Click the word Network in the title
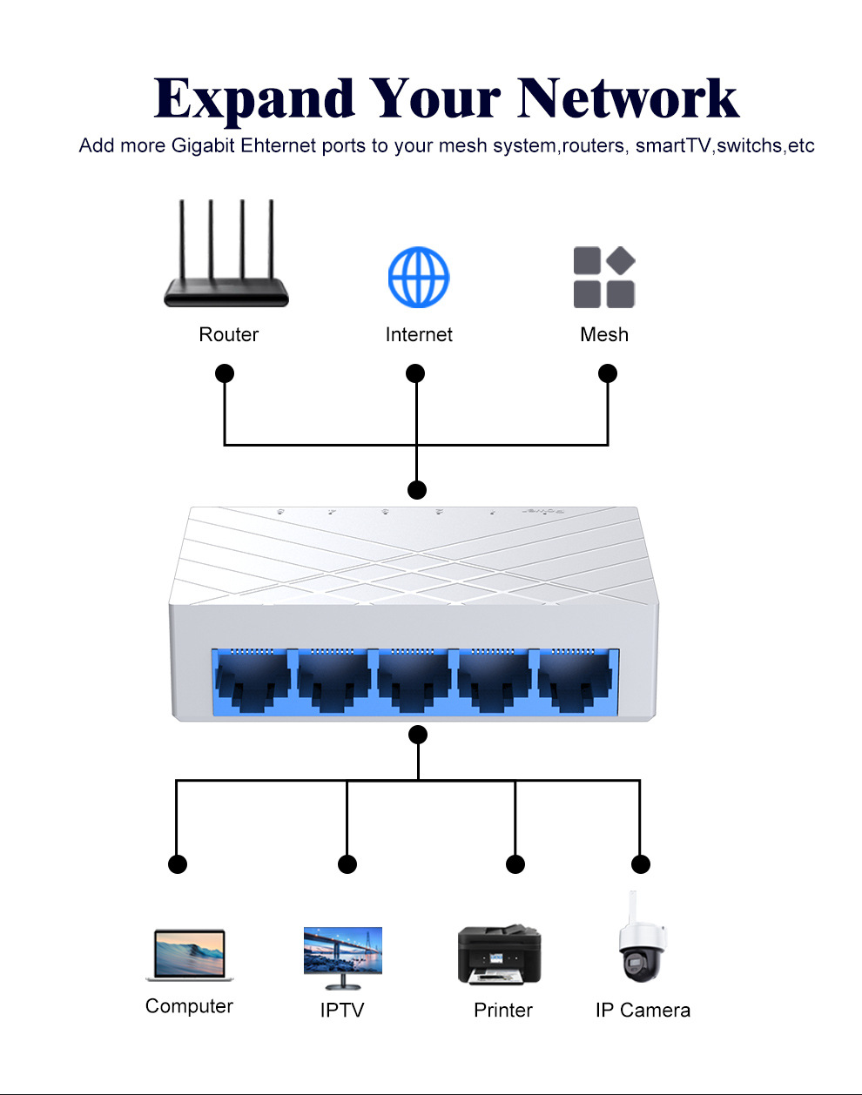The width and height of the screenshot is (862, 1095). click(x=628, y=98)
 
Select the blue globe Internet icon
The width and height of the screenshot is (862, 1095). click(x=419, y=277)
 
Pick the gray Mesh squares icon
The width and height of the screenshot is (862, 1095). click(x=604, y=278)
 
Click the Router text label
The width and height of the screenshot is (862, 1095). click(x=229, y=334)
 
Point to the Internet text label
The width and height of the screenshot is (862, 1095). click(x=419, y=334)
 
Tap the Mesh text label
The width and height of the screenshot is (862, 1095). click(x=604, y=334)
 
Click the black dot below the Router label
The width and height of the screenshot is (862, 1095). click(x=225, y=373)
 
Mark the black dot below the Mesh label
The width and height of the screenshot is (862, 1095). click(x=608, y=373)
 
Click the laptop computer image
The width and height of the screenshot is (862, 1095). click(x=189, y=955)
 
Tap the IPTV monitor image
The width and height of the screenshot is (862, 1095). click(x=342, y=955)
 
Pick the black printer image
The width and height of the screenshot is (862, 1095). click(x=499, y=955)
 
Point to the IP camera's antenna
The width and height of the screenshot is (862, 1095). click(x=634, y=907)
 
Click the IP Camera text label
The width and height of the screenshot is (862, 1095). click(x=643, y=1010)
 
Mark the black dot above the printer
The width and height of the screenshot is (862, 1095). click(x=515, y=864)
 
